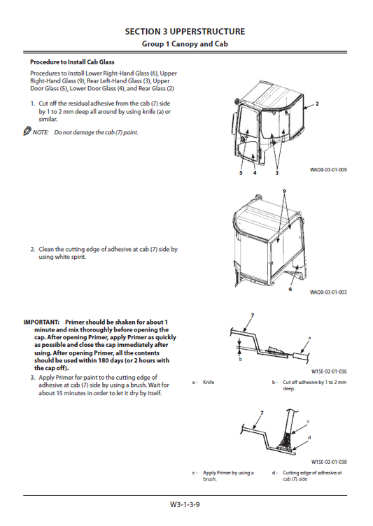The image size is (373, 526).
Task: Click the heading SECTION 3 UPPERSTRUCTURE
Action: [185, 31]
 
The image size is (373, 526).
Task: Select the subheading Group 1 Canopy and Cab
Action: [185, 44]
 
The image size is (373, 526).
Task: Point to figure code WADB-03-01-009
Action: [328, 170]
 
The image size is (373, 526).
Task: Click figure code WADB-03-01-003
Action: [328, 292]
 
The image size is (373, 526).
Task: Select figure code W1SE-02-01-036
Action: [329, 371]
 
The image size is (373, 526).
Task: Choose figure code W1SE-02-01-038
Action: [329, 462]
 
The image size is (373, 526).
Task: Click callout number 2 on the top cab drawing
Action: [316, 104]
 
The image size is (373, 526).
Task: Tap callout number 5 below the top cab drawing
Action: [240, 172]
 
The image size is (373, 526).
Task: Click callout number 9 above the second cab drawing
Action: [284, 191]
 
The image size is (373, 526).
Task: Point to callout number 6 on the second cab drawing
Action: [290, 289]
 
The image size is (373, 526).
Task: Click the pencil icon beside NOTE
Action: [27, 131]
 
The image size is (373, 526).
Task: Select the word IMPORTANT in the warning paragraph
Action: [41, 322]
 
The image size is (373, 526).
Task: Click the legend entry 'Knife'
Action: [209, 383]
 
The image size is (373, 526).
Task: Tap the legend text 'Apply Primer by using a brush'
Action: [228, 476]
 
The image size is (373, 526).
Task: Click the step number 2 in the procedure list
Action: [32, 248]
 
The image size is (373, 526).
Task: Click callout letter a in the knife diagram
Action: [309, 338]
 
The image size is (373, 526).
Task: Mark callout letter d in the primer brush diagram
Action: [309, 436]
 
